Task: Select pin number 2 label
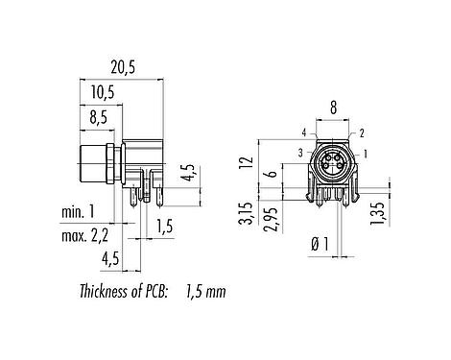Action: click(363, 134)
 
